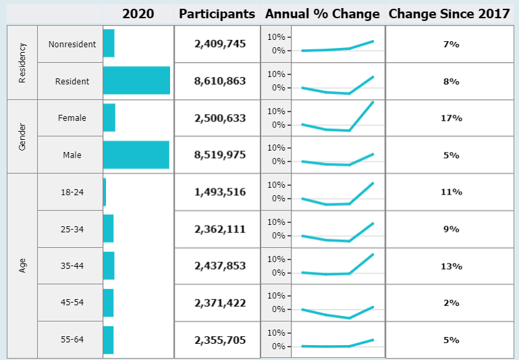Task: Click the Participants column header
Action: tap(217, 14)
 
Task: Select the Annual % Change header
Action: tap(322, 14)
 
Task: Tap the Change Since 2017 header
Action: tap(449, 14)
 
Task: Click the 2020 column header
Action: tap(138, 14)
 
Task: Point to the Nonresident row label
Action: tap(72, 45)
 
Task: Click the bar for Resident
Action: tap(136, 81)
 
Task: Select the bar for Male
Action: tap(136, 155)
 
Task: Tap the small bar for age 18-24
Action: tap(105, 192)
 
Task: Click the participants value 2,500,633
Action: tap(220, 118)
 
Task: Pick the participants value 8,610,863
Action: tap(220, 81)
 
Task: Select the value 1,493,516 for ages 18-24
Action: tap(220, 192)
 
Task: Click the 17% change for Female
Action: tap(451, 118)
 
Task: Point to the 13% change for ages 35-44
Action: tap(451, 266)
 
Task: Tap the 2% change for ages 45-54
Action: tap(451, 303)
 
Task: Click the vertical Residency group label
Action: tap(22, 63)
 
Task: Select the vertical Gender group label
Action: tap(22, 136)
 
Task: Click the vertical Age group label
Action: tap(22, 265)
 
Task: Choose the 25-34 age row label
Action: tap(72, 229)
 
